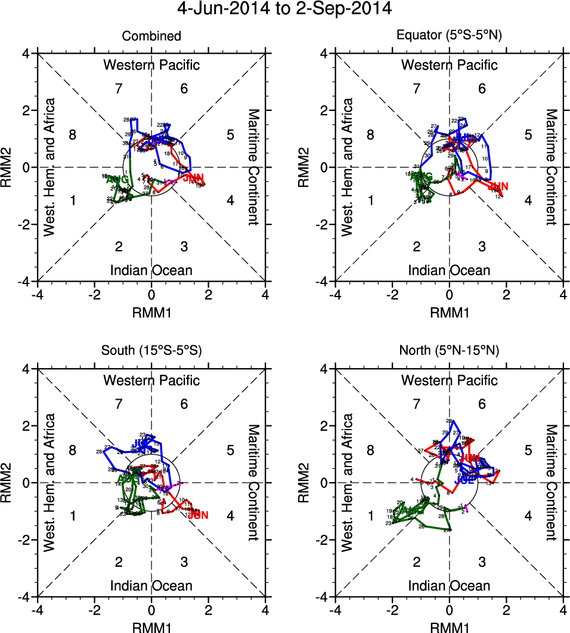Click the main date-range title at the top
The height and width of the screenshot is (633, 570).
(x=285, y=10)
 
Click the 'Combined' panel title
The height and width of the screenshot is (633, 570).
(x=151, y=36)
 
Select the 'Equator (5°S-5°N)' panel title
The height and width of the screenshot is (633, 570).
(x=450, y=36)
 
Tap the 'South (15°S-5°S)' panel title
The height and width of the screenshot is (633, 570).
(x=151, y=351)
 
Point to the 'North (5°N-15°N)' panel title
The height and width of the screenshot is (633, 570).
(x=450, y=351)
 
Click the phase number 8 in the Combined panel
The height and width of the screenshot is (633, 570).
(x=73, y=135)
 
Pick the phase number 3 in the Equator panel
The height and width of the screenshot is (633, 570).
(x=482, y=246)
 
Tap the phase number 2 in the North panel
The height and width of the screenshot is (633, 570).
(x=417, y=562)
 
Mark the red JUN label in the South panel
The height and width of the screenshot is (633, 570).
(x=198, y=515)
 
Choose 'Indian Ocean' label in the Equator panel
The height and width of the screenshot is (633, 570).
(x=450, y=270)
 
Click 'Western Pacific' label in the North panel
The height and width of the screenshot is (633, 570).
(x=450, y=380)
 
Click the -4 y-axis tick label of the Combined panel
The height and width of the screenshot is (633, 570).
(x=25, y=281)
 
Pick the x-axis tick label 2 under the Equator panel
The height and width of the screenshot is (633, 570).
(x=506, y=295)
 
